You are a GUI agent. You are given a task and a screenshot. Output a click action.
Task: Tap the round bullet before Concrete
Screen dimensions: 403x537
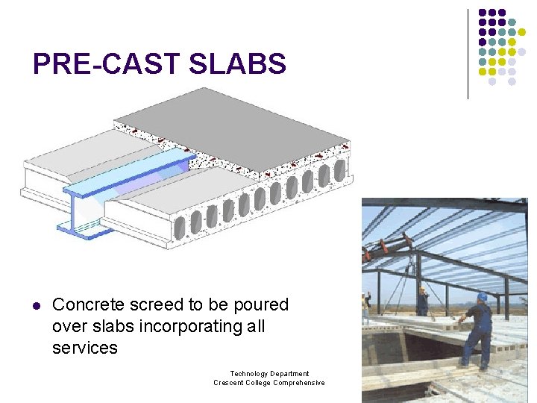(34, 305)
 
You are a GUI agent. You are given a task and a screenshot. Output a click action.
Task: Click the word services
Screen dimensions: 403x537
(85, 348)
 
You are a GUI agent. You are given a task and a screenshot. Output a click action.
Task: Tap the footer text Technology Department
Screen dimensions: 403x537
(269, 373)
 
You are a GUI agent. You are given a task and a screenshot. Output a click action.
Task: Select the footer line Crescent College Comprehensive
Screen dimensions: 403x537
(269, 383)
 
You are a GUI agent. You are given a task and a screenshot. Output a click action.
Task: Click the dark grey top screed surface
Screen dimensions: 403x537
(231, 119)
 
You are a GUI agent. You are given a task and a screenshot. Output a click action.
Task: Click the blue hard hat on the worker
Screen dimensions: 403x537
(482, 296)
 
